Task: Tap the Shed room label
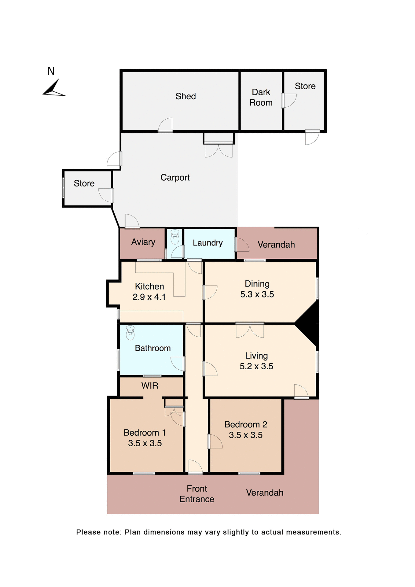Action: [x=185, y=96]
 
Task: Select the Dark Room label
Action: [x=261, y=98]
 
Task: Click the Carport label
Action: [x=175, y=178]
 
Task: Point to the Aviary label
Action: [x=143, y=242]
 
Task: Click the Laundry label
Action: [x=208, y=243]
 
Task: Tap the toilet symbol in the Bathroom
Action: [x=130, y=333]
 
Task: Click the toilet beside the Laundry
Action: [x=175, y=237]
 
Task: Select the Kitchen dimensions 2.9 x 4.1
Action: [x=149, y=297]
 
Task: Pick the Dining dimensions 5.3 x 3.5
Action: [x=257, y=294]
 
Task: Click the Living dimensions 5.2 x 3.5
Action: [x=256, y=366]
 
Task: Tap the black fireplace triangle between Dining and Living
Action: [x=309, y=323]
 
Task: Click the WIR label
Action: [x=150, y=386]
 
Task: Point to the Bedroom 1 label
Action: [x=145, y=433]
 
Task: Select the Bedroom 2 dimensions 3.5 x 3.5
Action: [x=246, y=435]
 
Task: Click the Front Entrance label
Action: [x=197, y=494]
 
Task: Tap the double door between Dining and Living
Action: [x=250, y=330]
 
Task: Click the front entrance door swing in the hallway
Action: [x=195, y=467]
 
